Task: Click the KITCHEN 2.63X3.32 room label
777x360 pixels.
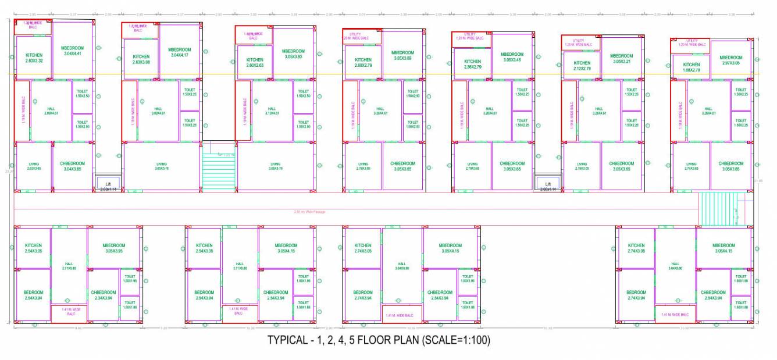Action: tap(34, 58)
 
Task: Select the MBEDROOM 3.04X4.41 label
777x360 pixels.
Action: tap(73, 51)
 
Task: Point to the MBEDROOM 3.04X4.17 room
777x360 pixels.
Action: tap(180, 52)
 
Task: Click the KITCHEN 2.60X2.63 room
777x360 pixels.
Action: tap(255, 62)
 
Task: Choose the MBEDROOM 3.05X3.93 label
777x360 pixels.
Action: tap(293, 54)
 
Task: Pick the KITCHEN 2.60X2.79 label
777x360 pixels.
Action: tap(363, 62)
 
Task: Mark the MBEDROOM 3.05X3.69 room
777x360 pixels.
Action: tap(402, 55)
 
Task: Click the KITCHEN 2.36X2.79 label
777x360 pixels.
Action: tap(472, 64)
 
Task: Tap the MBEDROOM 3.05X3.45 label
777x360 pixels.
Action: tap(512, 57)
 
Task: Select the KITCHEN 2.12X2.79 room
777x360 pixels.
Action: tap(582, 66)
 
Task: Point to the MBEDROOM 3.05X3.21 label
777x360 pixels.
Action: tap(621, 58)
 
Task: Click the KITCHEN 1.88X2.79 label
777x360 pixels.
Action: tap(691, 67)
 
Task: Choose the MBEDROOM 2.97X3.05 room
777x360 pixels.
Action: tap(730, 60)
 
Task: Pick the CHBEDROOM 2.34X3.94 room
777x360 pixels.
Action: tap(104, 295)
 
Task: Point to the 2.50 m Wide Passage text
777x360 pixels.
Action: tap(309, 212)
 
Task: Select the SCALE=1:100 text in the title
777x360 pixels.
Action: tap(455, 341)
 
